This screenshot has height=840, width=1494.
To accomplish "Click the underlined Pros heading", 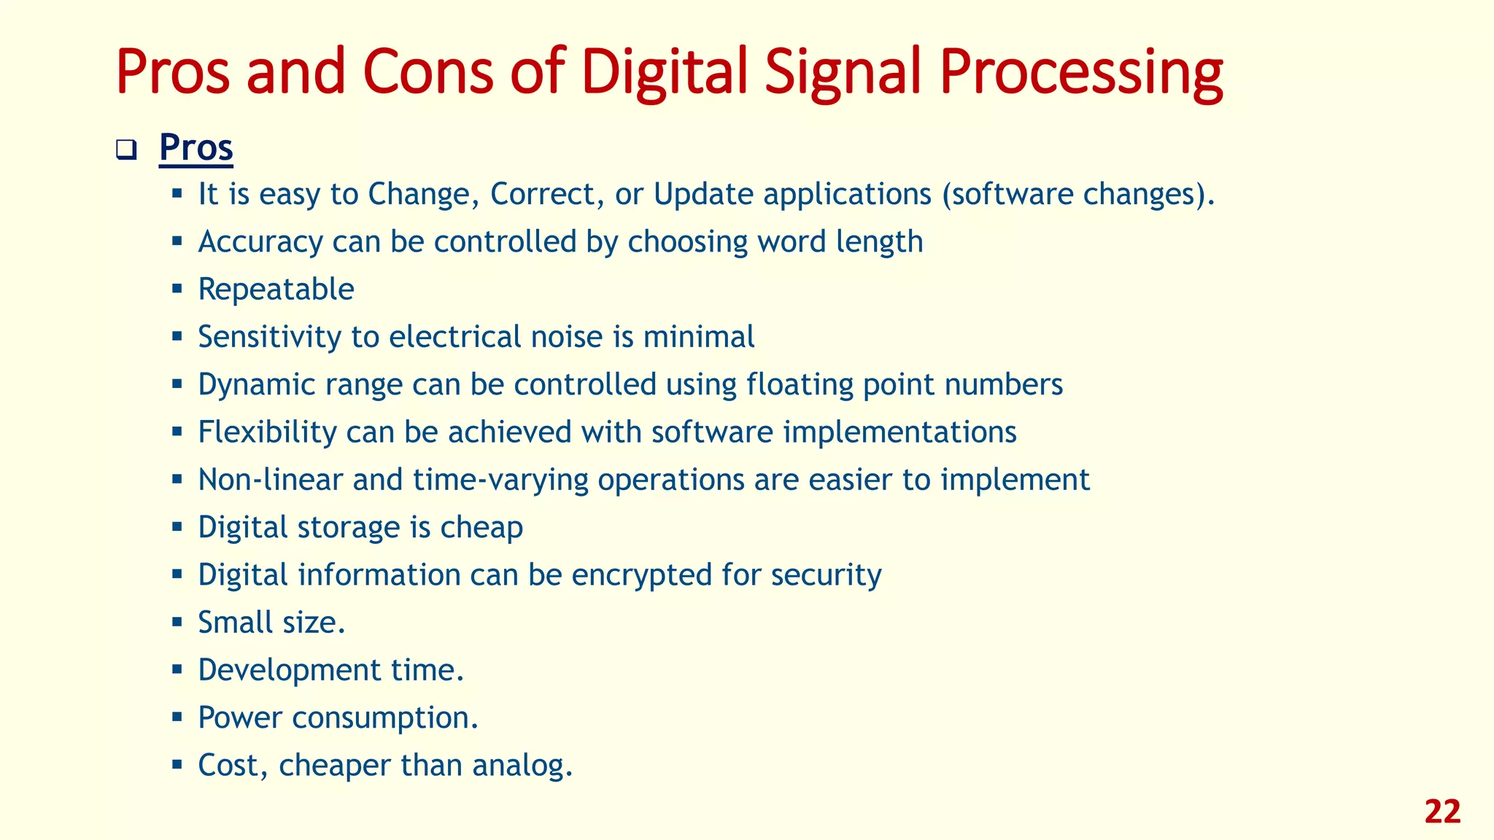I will [x=196, y=148].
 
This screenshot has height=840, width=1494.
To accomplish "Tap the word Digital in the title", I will [x=665, y=71].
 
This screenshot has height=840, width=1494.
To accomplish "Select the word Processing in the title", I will [x=1080, y=71].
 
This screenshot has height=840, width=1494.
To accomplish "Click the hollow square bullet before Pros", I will [x=126, y=151].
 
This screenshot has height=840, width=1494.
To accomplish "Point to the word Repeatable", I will [x=276, y=289].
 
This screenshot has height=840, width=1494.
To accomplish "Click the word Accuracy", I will [x=260, y=242].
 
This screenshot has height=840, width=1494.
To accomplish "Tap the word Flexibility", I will [x=267, y=432].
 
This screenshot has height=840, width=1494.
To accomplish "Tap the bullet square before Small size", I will [x=177, y=623].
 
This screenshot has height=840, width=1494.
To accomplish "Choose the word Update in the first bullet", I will [x=703, y=195].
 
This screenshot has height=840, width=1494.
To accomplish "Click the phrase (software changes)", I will [x=1077, y=195].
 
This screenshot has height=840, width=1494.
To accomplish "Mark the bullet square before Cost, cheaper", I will [x=177, y=765].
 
